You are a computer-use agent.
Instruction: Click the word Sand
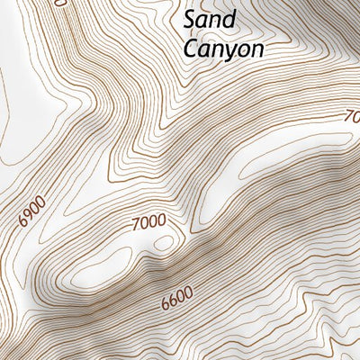point(209,20)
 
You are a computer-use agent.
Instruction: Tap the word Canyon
point(223,49)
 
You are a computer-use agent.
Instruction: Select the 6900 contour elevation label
point(31,214)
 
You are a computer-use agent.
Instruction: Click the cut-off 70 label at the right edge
point(352,116)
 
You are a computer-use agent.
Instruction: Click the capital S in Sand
point(191,20)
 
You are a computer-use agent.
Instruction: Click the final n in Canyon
point(257,49)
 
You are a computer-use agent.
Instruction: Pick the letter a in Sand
point(203,21)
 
